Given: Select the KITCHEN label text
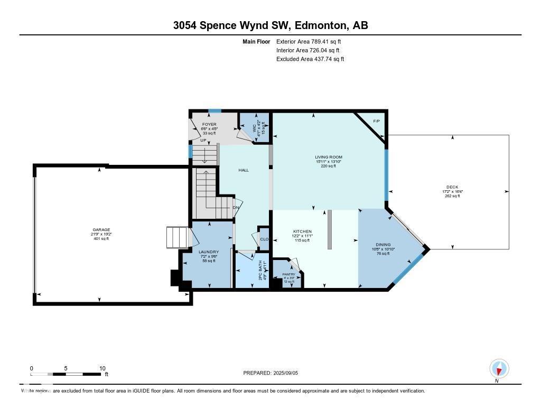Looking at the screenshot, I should [x=303, y=231].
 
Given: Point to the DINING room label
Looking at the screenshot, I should [x=383, y=245].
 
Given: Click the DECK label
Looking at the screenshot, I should [x=452, y=187].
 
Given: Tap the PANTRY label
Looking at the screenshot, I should [x=288, y=274].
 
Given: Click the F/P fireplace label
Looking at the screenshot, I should [x=377, y=122].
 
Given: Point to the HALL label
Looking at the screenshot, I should [x=244, y=170].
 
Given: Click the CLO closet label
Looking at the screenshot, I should [x=264, y=239].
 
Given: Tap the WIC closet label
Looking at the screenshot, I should [x=254, y=127].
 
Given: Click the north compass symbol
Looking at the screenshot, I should [x=499, y=368].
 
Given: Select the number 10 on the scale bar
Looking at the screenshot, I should [x=102, y=368].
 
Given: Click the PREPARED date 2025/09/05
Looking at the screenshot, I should [x=288, y=373].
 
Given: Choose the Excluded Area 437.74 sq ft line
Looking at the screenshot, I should [x=310, y=59].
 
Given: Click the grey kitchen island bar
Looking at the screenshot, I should [x=329, y=229].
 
